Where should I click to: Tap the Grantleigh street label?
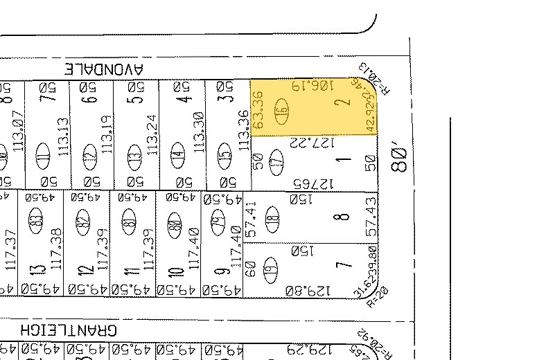point(69,330)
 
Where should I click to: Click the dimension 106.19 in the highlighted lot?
point(308,87)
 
